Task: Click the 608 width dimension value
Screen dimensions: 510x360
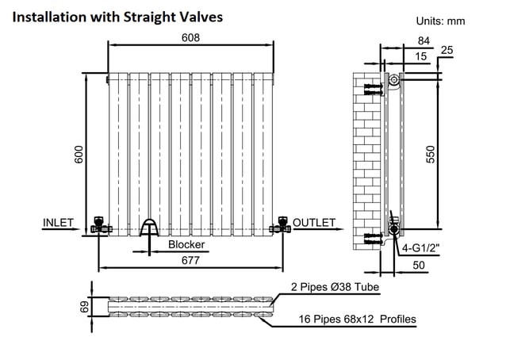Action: pyautogui.click(x=190, y=38)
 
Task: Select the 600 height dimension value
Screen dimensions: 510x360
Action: pyautogui.click(x=79, y=155)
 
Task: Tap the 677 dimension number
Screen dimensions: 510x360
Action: pyautogui.click(x=190, y=261)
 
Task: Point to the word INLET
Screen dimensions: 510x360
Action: pyautogui.click(x=58, y=223)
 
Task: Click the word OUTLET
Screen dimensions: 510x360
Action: pyautogui.click(x=314, y=223)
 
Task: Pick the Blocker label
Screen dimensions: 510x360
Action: pyautogui.click(x=186, y=244)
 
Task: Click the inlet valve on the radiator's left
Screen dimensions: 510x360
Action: pyautogui.click(x=99, y=225)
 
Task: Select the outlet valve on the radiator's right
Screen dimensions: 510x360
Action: pyautogui.click(x=281, y=225)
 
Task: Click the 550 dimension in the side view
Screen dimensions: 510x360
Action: pyautogui.click(x=430, y=155)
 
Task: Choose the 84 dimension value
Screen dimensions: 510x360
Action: pyautogui.click(x=424, y=41)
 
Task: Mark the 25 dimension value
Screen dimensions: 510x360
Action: pyautogui.click(x=447, y=50)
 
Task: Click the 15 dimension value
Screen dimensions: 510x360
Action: pyautogui.click(x=420, y=56)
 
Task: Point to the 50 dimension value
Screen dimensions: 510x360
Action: pyautogui.click(x=419, y=266)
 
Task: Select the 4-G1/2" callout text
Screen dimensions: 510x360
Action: pyautogui.click(x=420, y=248)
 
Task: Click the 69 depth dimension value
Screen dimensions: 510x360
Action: pyautogui.click(x=84, y=307)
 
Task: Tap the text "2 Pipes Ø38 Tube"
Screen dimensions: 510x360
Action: pyautogui.click(x=335, y=287)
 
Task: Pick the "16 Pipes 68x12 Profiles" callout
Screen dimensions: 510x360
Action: pyautogui.click(x=358, y=319)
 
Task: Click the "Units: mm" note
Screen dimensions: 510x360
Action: pyautogui.click(x=440, y=21)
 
